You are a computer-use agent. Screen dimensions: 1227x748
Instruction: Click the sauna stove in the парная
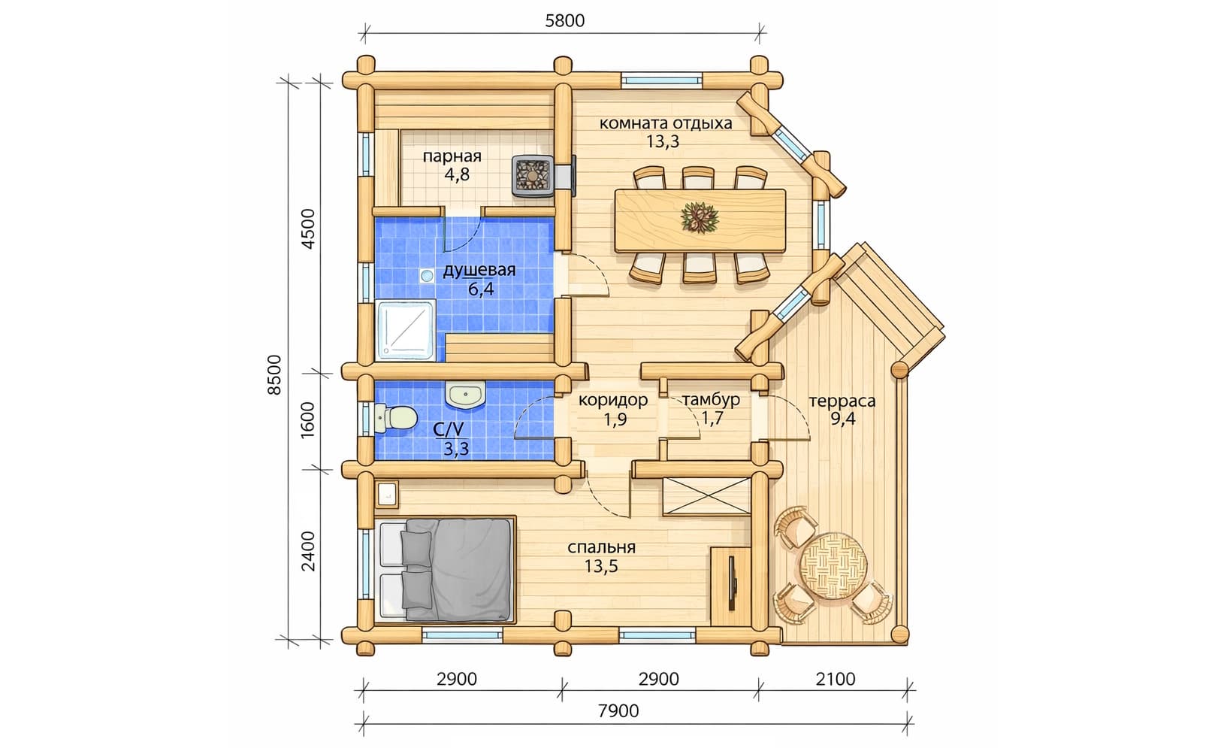(x=533, y=175)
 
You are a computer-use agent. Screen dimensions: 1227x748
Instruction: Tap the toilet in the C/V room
(x=397, y=417)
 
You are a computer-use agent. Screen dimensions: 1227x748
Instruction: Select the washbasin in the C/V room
(x=465, y=395)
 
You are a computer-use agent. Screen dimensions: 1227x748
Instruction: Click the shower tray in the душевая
(x=405, y=330)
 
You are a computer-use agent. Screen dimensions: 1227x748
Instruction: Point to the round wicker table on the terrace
(x=833, y=565)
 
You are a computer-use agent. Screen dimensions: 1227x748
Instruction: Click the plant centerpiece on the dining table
(x=700, y=217)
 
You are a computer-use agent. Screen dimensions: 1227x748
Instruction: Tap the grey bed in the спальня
(x=446, y=570)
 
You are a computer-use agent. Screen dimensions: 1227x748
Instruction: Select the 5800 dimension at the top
(x=565, y=21)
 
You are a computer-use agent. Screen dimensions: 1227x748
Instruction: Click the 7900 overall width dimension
(x=618, y=711)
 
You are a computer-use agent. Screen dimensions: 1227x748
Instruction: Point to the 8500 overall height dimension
(x=274, y=374)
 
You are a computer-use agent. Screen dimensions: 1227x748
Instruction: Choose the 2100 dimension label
(x=836, y=680)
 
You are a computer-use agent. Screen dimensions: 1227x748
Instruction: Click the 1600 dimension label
(x=308, y=419)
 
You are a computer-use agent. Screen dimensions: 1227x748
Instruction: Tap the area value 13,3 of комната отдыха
(x=663, y=141)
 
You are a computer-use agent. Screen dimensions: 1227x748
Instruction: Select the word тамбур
(x=711, y=400)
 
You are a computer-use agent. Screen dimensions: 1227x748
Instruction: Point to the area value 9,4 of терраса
(x=842, y=419)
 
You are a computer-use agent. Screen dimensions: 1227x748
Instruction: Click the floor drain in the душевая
(x=427, y=276)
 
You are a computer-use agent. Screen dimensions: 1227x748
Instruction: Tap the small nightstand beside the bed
(x=387, y=495)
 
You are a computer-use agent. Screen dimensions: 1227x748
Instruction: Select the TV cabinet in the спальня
(x=731, y=586)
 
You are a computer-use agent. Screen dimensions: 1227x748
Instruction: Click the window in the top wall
(x=662, y=80)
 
